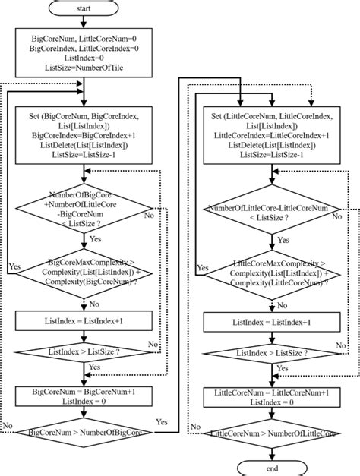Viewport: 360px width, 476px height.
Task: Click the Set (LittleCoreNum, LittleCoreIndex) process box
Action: point(271,134)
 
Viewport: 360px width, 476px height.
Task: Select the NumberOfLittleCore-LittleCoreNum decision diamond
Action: point(271,213)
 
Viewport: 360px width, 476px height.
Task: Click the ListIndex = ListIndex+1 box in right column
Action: point(271,323)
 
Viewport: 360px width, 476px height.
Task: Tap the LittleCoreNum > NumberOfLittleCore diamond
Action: point(271,433)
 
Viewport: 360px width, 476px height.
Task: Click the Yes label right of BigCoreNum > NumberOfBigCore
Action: point(162,422)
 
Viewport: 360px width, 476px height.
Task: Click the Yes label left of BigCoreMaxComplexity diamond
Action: point(14,267)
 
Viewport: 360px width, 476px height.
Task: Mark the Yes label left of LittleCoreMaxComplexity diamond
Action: point(202,267)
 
